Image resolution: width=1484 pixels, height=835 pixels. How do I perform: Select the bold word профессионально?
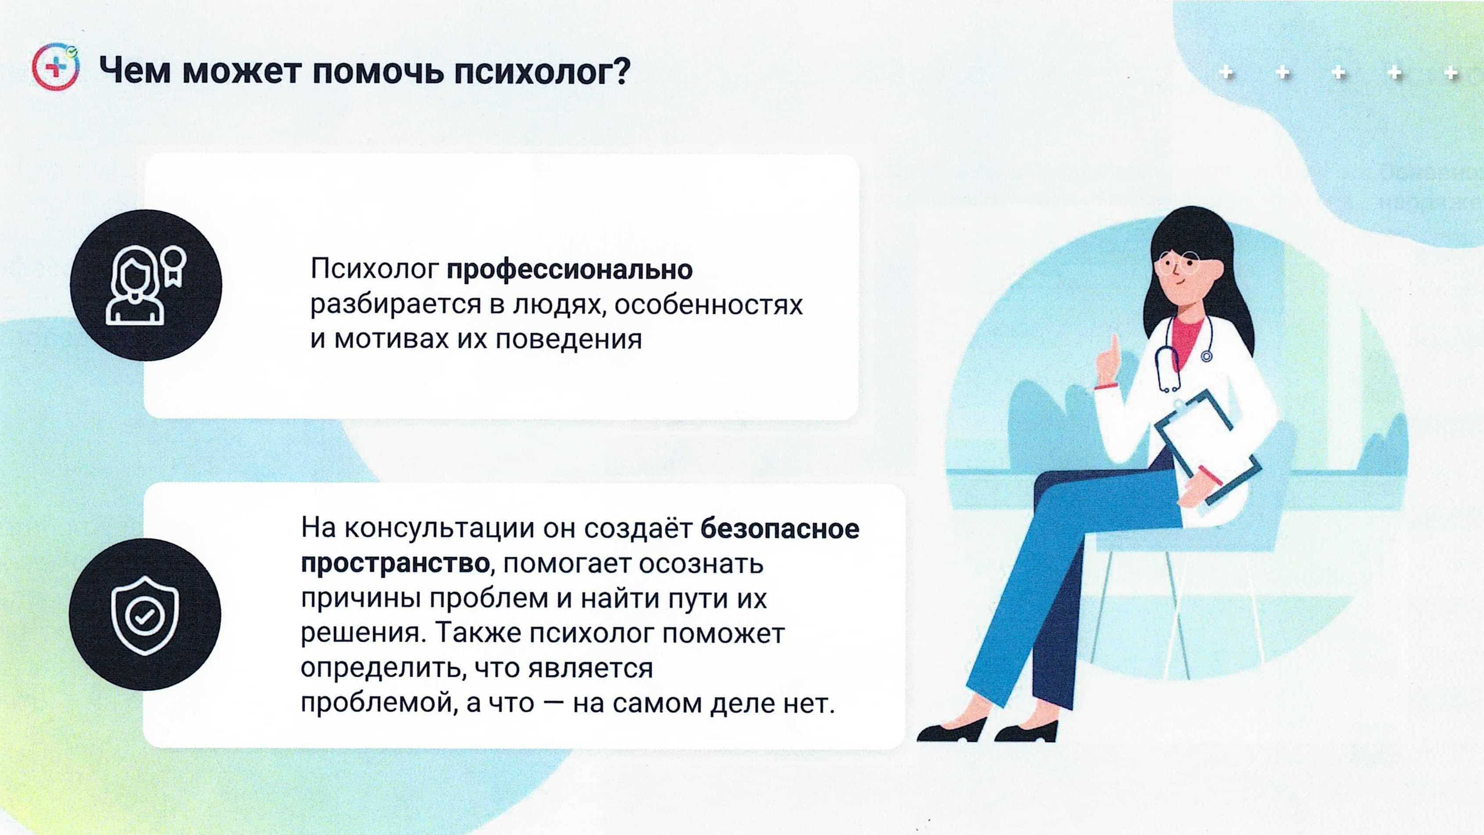570,270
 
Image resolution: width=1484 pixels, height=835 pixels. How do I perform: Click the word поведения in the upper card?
569,339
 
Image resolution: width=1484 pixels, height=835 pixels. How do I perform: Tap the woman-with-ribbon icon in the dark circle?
146,285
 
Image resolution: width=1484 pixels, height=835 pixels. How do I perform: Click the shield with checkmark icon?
145,615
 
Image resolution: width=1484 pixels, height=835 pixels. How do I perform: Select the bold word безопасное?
780,529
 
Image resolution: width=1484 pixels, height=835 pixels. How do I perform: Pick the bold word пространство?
395,563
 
